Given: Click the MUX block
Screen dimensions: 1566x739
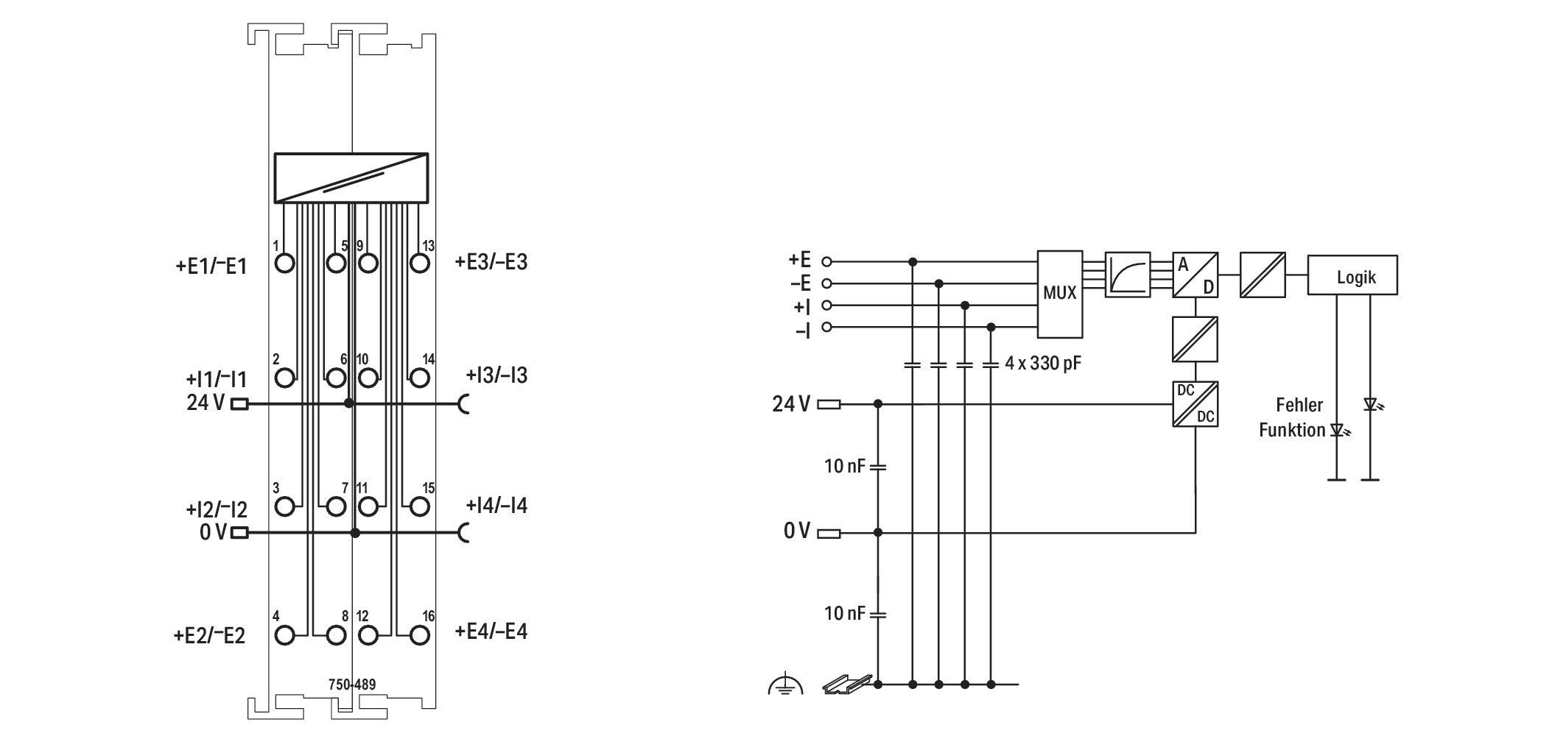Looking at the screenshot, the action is coord(1059,294).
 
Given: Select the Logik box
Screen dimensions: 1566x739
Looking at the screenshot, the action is coord(1352,275).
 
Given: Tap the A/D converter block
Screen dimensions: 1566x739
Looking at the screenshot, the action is coord(1195,275).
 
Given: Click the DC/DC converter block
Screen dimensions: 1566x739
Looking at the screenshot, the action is coord(1195,403).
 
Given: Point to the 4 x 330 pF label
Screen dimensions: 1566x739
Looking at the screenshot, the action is coord(1042,363).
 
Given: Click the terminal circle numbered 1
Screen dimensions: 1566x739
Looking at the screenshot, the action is coord(284,263).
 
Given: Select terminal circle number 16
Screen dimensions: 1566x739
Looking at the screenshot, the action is coord(420,634).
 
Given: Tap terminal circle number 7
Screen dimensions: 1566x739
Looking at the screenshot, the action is coord(336,506).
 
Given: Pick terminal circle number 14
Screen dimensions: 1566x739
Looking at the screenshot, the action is coord(420,378).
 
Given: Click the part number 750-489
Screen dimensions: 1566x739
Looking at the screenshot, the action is coord(352,685).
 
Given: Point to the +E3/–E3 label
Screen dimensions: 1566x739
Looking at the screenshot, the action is coord(491,262).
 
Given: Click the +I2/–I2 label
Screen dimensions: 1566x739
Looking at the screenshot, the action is coord(217,509).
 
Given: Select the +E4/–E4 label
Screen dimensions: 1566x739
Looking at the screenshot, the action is coord(491,632).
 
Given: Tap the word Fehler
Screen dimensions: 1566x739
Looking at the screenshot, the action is coord(1299,405).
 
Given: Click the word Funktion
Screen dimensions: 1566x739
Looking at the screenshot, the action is coord(1292,430).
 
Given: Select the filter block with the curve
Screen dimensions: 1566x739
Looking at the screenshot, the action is coord(1128,275).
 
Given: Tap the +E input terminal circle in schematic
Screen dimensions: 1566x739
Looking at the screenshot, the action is coord(826,261).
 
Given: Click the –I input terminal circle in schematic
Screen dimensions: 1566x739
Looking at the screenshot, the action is coord(826,327).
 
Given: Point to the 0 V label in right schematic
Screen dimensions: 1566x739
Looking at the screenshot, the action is coord(796,531).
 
